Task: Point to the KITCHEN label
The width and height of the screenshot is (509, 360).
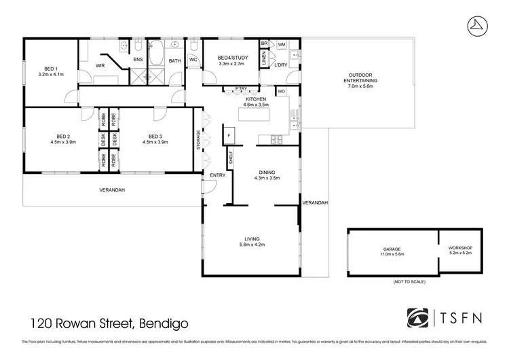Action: pyautogui.click(x=257, y=99)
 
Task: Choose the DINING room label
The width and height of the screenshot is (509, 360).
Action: pyautogui.click(x=262, y=173)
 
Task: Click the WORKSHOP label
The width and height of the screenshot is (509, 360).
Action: pyautogui.click(x=461, y=251)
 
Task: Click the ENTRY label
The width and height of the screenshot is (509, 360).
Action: pyautogui.click(x=217, y=175)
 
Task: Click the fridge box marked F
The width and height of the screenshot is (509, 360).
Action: pyautogui.click(x=229, y=135)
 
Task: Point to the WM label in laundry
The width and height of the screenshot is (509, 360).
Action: pyautogui.click(x=280, y=43)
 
